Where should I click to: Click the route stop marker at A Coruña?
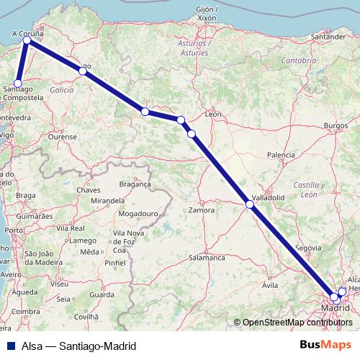coord(27,40)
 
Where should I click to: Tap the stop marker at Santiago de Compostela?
coord(19,84)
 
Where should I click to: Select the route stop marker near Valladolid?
coord(250,204)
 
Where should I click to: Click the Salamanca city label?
coord(207,257)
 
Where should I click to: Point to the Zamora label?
coord(201,210)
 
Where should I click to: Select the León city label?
coord(212,114)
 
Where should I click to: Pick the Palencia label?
coord(280,155)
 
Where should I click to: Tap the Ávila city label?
coord(271,285)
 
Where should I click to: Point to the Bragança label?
coord(135,184)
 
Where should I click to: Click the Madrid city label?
coord(335,308)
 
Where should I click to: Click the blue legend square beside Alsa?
coord(9,346)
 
